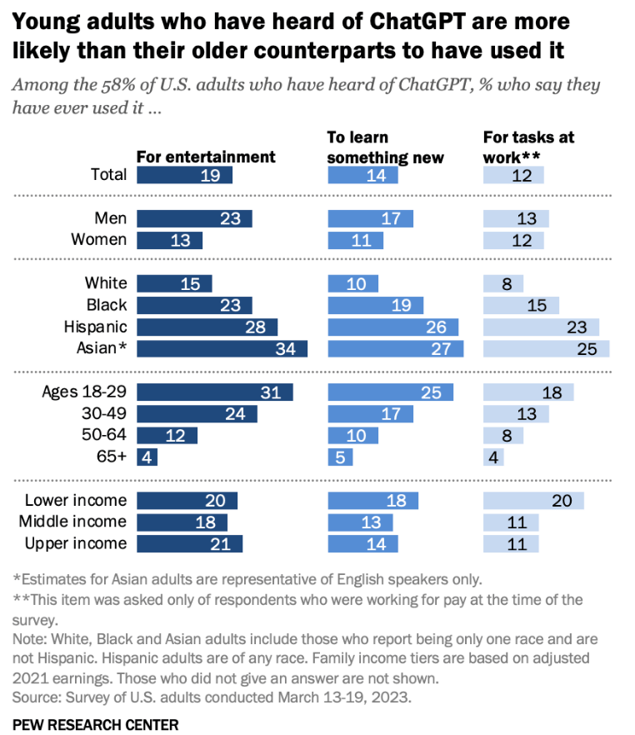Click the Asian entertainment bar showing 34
(222, 348)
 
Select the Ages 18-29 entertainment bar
(214, 392)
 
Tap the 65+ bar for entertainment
(147, 457)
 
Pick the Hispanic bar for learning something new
(392, 327)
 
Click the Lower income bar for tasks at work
(533, 500)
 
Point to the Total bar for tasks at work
(513, 175)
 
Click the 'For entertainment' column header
(206, 157)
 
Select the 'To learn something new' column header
(385, 147)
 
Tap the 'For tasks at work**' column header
(529, 147)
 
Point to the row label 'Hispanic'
(96, 327)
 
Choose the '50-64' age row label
(106, 435)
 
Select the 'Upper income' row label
(76, 543)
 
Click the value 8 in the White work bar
(507, 283)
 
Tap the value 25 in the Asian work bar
(587, 349)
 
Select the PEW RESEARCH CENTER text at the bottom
(96, 724)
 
